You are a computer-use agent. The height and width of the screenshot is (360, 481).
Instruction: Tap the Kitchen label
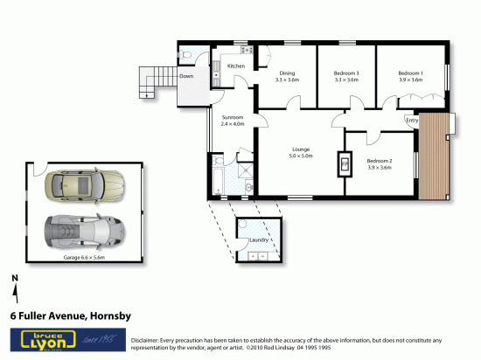pos(235,66)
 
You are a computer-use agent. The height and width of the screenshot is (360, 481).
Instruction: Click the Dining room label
pos(287,76)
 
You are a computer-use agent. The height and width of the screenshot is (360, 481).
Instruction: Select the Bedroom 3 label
pos(346,76)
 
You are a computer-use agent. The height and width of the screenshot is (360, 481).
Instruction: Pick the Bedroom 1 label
pos(410,76)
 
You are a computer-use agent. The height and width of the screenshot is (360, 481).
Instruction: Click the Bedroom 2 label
pos(379,164)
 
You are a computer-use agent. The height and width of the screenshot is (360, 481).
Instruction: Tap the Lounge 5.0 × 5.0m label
pos(301,153)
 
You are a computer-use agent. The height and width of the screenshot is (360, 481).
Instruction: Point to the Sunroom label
pos(232,121)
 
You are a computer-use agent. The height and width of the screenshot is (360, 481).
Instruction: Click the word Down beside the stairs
pos(186,76)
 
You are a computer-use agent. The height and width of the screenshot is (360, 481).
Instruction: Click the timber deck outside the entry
pos(434,157)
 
